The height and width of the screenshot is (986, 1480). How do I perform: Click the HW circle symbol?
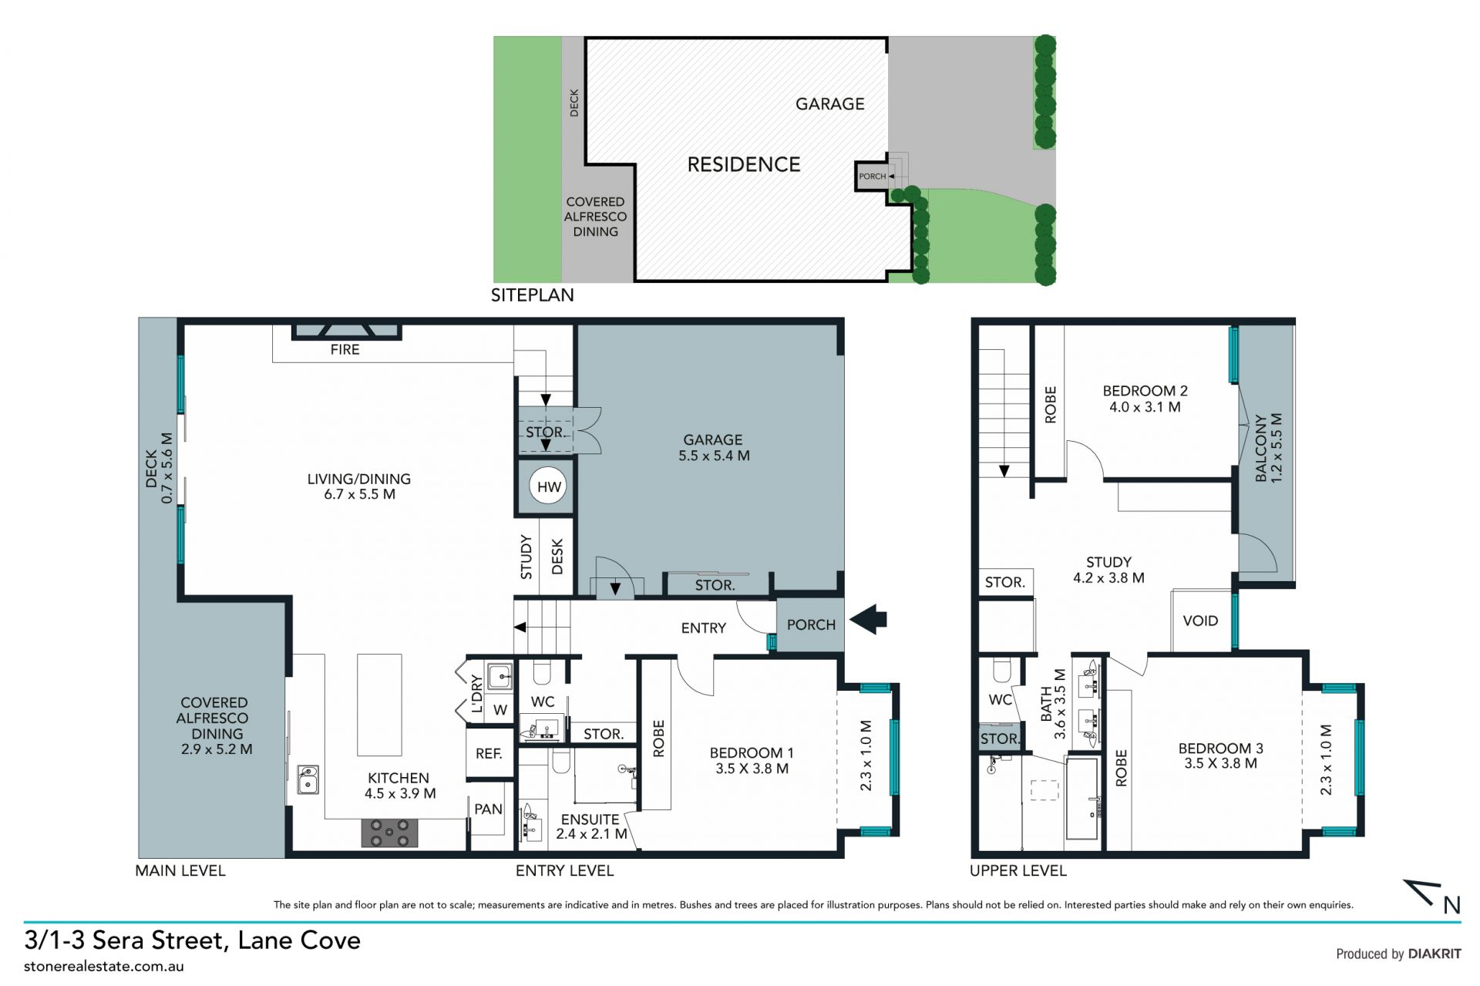[x=548, y=486]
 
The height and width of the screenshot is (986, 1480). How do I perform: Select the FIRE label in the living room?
[x=345, y=349]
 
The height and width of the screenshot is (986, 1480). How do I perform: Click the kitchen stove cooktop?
[x=390, y=833]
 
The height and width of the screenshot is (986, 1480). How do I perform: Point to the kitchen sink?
[x=308, y=780]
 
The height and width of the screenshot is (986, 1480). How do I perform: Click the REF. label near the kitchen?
[x=489, y=753]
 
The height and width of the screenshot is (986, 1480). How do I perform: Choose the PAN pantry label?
[x=488, y=809]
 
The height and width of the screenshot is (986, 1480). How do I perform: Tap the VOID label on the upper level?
[x=1200, y=621]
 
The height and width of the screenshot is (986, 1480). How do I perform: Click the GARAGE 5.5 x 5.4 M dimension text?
[x=714, y=456]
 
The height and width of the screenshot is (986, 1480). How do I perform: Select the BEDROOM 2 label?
[x=1145, y=391]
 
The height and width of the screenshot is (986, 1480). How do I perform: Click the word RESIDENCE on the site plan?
[x=744, y=164]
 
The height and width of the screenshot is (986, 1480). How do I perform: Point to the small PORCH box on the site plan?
[x=873, y=177]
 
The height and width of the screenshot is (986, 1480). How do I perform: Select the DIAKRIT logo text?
[x=1435, y=954]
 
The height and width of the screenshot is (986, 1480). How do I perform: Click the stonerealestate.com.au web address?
[x=104, y=966]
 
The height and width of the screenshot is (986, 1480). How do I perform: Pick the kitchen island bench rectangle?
[x=379, y=705]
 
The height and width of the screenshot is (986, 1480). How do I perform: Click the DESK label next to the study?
[x=557, y=556]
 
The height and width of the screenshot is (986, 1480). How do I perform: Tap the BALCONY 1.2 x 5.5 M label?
[x=1268, y=448]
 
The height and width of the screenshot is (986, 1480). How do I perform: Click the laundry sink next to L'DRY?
[x=499, y=676]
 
